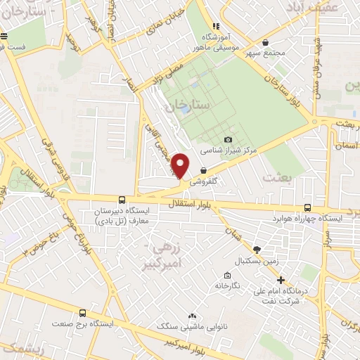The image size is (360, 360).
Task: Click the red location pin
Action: (181, 165)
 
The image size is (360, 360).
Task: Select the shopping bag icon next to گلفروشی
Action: (203, 169)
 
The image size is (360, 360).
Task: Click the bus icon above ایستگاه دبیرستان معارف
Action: (123, 200)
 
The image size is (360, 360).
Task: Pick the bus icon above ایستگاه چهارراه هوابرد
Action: (308, 207)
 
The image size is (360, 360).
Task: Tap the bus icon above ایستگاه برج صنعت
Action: (84, 314)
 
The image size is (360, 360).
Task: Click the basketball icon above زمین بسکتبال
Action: (257, 250)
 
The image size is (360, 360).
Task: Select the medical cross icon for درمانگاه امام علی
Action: (281, 280)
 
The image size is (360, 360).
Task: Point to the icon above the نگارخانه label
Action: (226, 275)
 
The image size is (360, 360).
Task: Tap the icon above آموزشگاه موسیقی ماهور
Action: (207, 25)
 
